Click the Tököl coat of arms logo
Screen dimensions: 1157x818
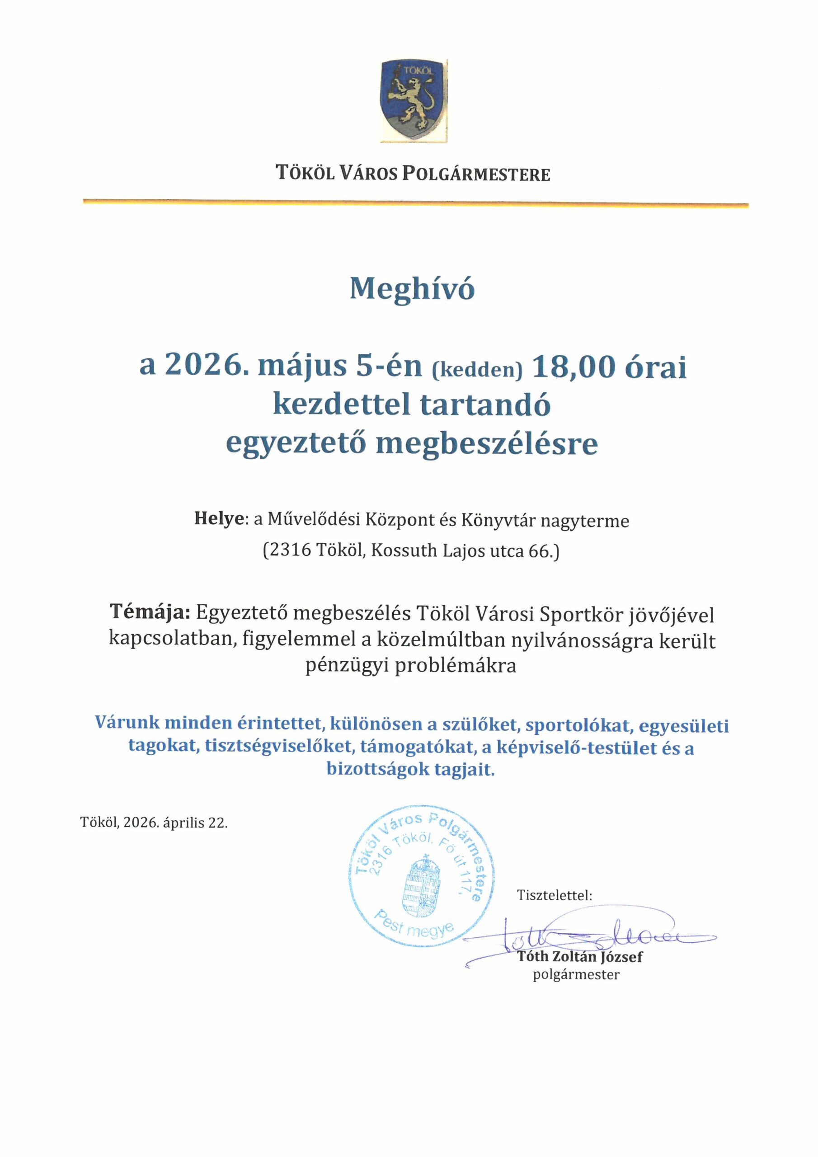413,99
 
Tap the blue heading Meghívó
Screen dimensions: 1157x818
412,289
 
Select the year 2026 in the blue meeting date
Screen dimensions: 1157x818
200,367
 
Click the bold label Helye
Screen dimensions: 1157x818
219,520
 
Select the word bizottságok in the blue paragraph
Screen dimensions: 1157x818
376,769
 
